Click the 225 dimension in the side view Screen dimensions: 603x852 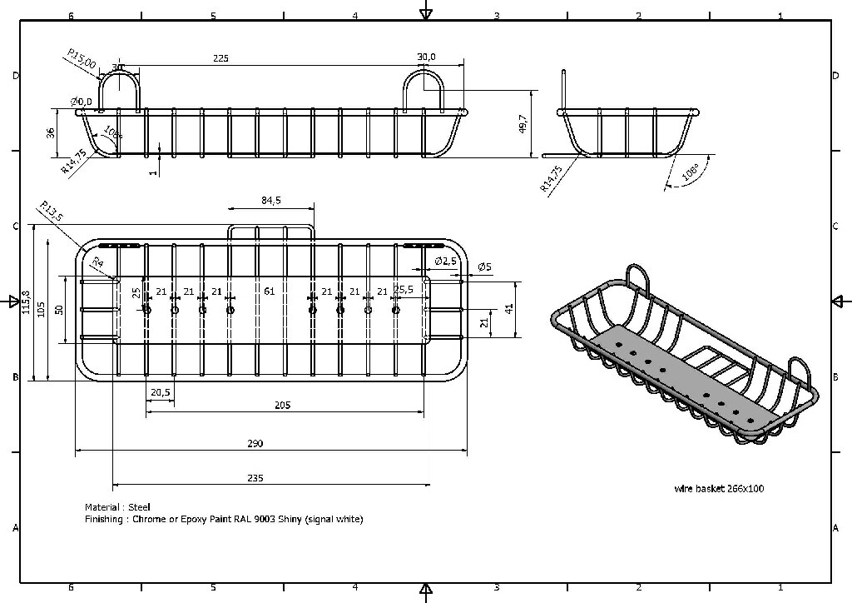coord(220,58)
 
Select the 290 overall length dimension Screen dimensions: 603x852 coord(255,444)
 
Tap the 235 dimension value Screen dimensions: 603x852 coord(255,478)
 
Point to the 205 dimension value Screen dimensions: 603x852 coord(283,405)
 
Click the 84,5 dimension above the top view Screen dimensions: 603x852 coord(271,201)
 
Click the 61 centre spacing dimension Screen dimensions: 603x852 coord(269,292)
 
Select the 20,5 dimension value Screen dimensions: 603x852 coord(161,392)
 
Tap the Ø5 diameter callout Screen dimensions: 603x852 coord(483,267)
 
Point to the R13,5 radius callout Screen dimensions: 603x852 coord(52,212)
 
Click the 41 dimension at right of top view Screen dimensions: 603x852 coord(510,308)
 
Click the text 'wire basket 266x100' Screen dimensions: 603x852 coord(719,489)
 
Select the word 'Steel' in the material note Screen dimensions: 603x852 coord(140,507)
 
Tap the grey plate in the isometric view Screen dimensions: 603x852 coord(682,375)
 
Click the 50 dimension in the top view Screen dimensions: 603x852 coord(59,309)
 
